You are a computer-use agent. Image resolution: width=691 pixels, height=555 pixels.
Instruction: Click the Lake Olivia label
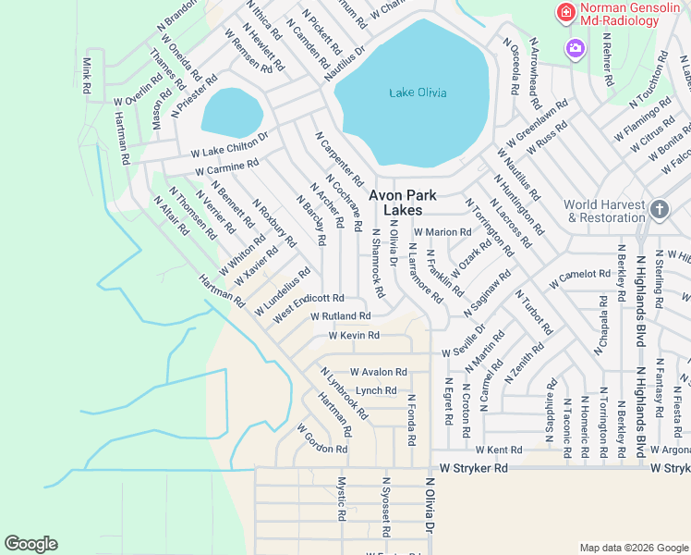click(x=418, y=92)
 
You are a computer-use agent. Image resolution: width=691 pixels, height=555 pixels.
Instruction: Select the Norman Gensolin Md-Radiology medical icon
click(x=563, y=13)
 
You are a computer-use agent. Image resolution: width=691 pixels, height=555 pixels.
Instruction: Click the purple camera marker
click(x=576, y=47)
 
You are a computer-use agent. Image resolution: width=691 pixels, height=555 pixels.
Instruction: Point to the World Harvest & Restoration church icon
click(x=659, y=210)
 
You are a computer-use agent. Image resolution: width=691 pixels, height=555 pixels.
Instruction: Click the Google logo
click(x=30, y=544)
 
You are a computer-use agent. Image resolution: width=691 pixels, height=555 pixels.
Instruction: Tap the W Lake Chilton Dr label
click(x=229, y=143)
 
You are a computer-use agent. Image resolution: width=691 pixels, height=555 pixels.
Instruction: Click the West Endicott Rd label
click(x=309, y=308)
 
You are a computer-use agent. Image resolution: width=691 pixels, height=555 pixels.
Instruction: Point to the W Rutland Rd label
click(x=341, y=315)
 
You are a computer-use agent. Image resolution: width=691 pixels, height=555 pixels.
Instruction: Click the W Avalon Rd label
click(x=378, y=372)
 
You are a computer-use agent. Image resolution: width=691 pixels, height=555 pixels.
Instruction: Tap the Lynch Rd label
click(x=375, y=390)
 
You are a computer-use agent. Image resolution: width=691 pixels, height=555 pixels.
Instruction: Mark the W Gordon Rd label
click(x=321, y=439)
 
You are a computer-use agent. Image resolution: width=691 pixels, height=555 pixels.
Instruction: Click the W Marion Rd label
click(x=442, y=231)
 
